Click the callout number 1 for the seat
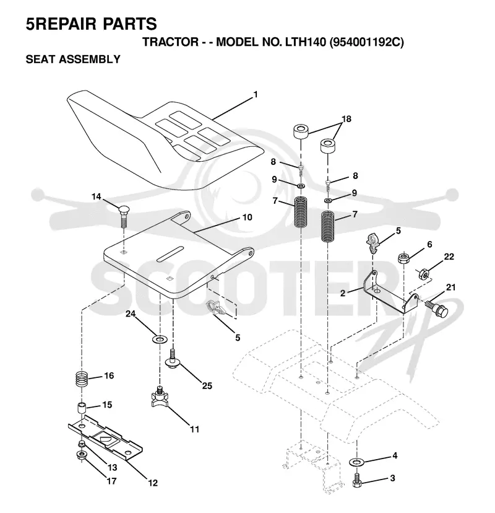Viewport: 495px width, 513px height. click(x=256, y=95)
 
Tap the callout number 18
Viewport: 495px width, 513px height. click(x=346, y=119)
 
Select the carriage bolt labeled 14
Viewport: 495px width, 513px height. click(x=124, y=216)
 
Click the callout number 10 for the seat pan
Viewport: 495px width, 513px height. click(x=247, y=217)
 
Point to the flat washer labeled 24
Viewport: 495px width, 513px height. click(x=159, y=339)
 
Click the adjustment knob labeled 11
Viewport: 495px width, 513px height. click(x=160, y=397)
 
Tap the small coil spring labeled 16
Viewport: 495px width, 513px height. click(x=82, y=380)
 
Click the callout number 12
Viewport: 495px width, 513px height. click(x=153, y=483)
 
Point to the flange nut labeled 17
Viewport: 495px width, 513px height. click(x=80, y=455)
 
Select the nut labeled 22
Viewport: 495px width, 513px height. click(x=424, y=273)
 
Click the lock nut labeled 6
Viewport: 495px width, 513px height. click(x=403, y=258)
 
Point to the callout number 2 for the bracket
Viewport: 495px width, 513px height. click(x=342, y=293)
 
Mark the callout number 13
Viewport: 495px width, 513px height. click(x=112, y=467)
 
